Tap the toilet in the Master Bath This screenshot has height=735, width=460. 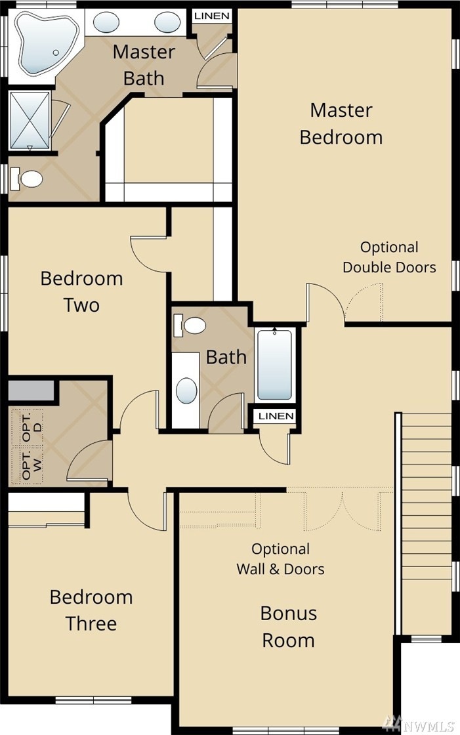click(26, 178)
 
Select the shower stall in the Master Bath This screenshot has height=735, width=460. click(29, 120)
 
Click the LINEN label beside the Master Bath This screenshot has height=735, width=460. click(212, 16)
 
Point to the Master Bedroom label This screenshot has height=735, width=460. click(341, 124)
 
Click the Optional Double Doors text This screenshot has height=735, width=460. click(389, 257)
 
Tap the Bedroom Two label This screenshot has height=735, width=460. click(81, 291)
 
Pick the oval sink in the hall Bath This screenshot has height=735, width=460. click(186, 390)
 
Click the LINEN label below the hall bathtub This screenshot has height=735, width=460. click(276, 416)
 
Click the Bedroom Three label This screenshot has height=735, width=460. click(91, 610)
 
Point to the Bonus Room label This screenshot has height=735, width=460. click(288, 627)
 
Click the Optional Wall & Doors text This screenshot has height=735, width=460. click(280, 558)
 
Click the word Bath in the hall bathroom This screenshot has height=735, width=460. click(226, 357)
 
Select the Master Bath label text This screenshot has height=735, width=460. click(144, 65)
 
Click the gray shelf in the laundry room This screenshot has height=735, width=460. click(31, 390)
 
